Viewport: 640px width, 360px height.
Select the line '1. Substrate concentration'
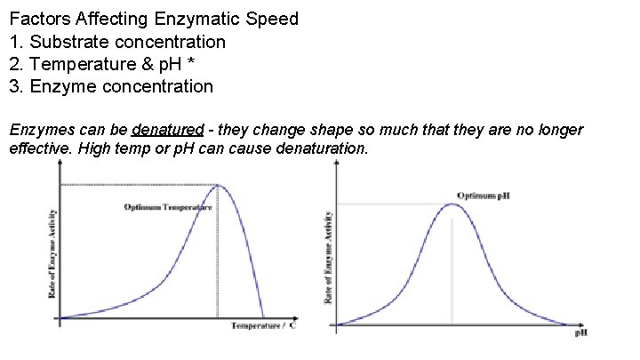[x=117, y=42]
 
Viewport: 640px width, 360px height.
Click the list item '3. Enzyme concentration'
[x=111, y=86]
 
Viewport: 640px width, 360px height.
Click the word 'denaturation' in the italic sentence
[x=312, y=148]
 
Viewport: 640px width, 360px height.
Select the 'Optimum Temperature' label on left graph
[x=167, y=207]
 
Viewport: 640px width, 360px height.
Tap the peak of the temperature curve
[x=219, y=185]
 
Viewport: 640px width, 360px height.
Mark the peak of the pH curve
[x=452, y=204]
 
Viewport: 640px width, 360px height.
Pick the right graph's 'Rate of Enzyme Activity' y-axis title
[x=328, y=258]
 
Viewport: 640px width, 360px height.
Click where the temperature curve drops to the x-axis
[x=263, y=316]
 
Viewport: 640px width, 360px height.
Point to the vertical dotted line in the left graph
[x=218, y=258]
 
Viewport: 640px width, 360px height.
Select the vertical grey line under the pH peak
[x=452, y=271]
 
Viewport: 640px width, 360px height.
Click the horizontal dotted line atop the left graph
[x=138, y=185]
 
